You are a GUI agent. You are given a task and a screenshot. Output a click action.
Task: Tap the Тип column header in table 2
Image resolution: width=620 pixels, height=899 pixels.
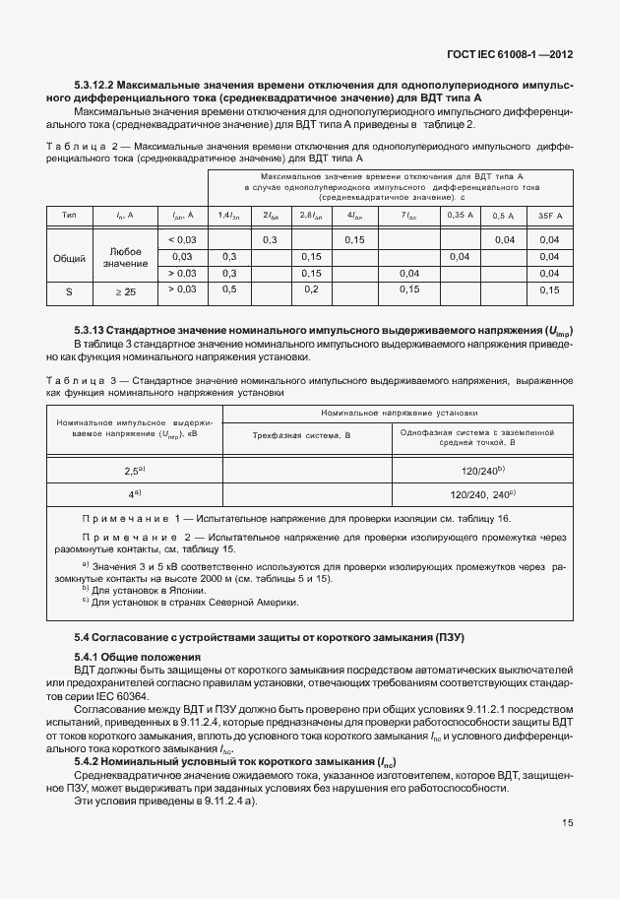click(70, 215)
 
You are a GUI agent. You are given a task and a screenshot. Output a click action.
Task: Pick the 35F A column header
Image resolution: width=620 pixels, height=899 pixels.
click(550, 215)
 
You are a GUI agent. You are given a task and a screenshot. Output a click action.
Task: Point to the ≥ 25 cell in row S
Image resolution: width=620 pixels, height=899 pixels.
click(125, 291)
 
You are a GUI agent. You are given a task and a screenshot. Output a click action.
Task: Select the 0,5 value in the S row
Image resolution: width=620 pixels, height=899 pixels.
click(229, 289)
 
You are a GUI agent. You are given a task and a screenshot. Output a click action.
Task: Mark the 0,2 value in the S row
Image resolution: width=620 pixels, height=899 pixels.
click(311, 289)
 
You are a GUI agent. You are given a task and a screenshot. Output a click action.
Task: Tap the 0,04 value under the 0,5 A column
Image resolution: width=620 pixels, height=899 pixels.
click(505, 240)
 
